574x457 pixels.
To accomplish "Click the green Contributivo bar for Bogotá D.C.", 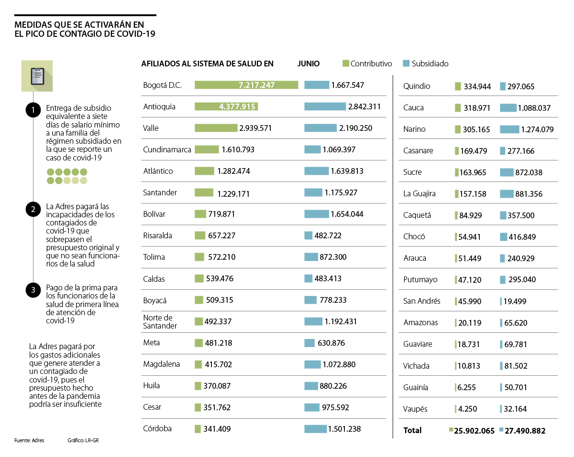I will tap(246, 85).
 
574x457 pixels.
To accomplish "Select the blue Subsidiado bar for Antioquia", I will tap(325, 106).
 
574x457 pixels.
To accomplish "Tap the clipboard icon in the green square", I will tap(37, 76).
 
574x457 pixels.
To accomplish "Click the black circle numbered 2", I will tap(33, 209).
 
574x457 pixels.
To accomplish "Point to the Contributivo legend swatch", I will tap(346, 64).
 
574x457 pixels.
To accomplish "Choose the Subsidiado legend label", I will tap(430, 64).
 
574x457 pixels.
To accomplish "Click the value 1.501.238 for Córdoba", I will tap(344, 429).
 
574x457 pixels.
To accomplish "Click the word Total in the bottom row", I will tap(412, 430).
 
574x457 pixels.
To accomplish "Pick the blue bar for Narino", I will tap(509, 129).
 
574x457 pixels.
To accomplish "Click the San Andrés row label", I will tap(421, 301).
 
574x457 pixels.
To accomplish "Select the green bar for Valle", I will tap(216, 128).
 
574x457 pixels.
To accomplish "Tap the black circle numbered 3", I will tap(33, 290).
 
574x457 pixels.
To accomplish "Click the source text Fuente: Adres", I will tap(29, 440).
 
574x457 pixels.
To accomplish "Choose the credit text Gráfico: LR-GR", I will tap(83, 440).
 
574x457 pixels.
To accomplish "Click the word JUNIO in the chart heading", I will tap(308, 64).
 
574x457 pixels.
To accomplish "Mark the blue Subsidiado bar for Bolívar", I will tap(317, 214).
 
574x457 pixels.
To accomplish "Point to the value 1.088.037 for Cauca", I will tap(534, 108).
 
